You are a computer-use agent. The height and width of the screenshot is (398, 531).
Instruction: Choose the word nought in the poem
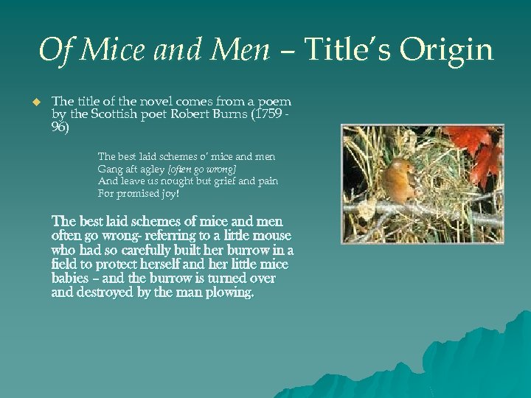[x=176, y=181]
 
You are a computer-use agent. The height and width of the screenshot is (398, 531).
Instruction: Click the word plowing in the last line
[x=231, y=293]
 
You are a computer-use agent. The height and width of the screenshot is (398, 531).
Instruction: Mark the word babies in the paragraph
[x=71, y=279]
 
